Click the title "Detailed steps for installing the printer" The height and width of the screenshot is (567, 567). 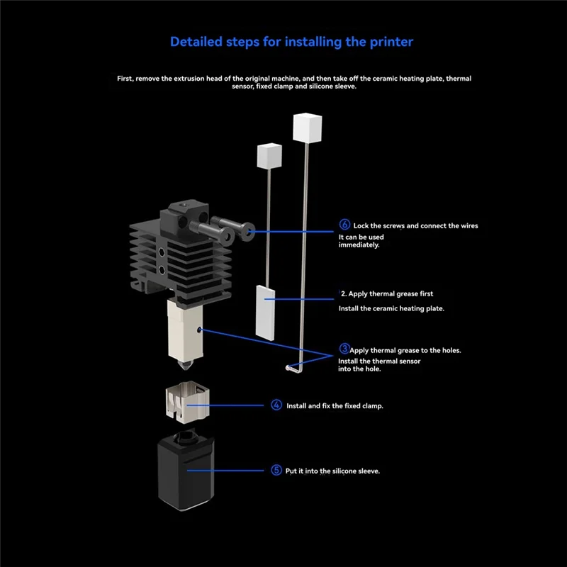291,41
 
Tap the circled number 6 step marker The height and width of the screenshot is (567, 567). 344,225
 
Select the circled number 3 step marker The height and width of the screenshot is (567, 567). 344,349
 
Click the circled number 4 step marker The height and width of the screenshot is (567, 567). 276,405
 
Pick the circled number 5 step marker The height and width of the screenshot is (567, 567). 276,470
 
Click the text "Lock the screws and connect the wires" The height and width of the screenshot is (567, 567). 415,226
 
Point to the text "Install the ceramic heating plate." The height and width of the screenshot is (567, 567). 391,309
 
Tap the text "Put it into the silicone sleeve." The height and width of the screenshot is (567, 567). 332,471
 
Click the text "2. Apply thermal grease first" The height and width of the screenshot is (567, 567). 387,293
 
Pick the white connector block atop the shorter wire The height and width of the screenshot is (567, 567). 269,154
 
